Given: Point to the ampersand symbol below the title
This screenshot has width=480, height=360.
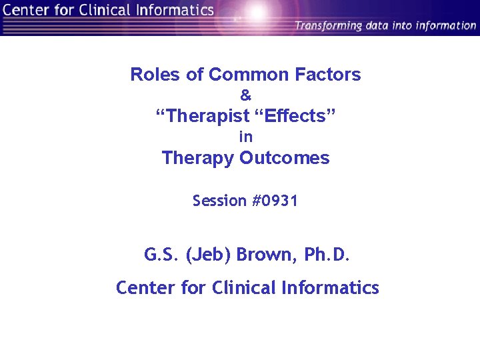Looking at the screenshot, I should (245, 96).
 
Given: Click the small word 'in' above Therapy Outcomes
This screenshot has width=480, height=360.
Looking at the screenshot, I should (246, 137).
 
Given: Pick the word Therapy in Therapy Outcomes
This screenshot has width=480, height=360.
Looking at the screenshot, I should (198, 158).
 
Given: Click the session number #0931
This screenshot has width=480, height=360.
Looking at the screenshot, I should (275, 201).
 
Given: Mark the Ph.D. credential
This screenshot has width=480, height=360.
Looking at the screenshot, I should (327, 255).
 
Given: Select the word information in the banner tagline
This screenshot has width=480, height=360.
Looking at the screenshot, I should (446, 26).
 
